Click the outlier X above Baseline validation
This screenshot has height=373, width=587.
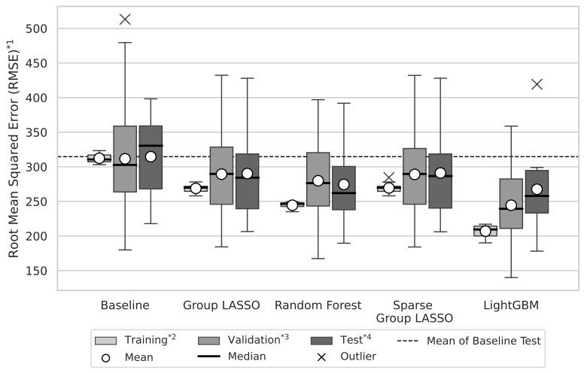click(125, 19)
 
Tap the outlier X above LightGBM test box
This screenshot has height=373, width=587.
click(537, 83)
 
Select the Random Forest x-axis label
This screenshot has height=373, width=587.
click(318, 305)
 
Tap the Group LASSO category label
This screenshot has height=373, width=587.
click(221, 305)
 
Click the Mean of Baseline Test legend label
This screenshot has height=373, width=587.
click(483, 340)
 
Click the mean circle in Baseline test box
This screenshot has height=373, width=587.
click(151, 156)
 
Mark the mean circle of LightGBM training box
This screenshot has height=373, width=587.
click(485, 231)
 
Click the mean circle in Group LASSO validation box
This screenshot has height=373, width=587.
click(221, 174)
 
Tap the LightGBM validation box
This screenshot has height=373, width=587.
click(511, 218)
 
